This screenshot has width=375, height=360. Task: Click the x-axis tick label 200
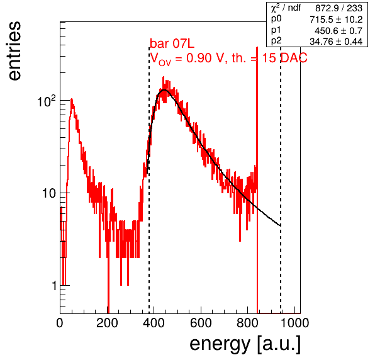pyautogui.click(x=107, y=323)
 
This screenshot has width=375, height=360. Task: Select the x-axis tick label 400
pyautogui.click(x=154, y=323)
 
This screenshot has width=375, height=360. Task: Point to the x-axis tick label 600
pyautogui.click(x=201, y=323)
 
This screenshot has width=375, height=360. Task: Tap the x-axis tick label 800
pyautogui.click(x=248, y=323)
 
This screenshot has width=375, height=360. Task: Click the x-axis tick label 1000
pyautogui.click(x=294, y=323)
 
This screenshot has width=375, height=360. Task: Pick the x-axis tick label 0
pyautogui.click(x=60, y=323)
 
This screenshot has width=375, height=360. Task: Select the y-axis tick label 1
pyautogui.click(x=54, y=286)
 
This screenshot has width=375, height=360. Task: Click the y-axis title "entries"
pyautogui.click(x=14, y=51)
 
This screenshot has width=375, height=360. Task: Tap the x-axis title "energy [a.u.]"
pyautogui.click(x=245, y=344)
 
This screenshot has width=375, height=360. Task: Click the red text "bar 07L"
pyautogui.click(x=172, y=44)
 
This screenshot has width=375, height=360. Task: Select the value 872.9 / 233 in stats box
pyautogui.click(x=339, y=8)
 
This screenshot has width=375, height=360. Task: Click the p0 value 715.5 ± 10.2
pyautogui.click(x=336, y=20)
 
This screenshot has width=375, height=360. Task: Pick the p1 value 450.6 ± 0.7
pyautogui.click(x=339, y=31)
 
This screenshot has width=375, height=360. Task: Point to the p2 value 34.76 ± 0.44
pyautogui.click(x=336, y=42)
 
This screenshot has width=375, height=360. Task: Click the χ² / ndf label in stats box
pyautogui.click(x=286, y=8)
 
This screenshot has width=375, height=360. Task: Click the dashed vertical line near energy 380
pyautogui.click(x=149, y=180)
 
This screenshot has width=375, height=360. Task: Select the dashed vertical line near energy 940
pyautogui.click(x=281, y=180)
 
